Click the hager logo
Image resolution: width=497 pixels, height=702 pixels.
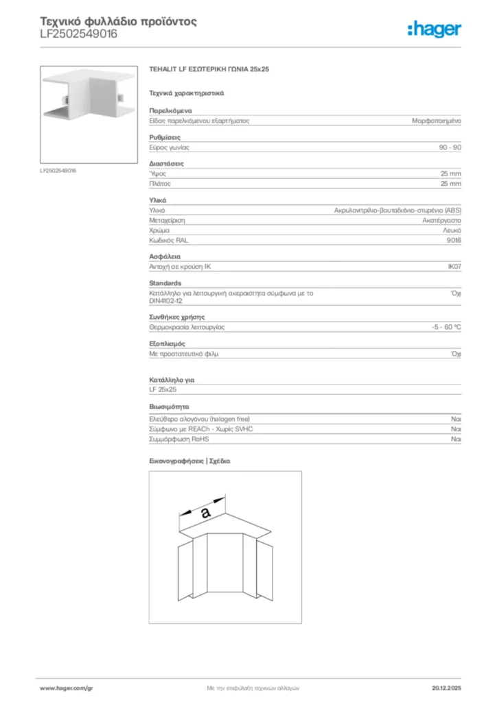pos(434,29)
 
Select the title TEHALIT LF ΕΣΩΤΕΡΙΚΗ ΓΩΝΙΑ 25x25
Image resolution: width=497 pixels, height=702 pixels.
pos(209,70)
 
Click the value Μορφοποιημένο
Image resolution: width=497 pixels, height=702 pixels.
pos(436,120)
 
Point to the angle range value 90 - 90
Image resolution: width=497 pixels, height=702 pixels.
pos(450,147)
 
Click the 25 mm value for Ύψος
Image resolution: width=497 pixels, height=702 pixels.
pos(450,174)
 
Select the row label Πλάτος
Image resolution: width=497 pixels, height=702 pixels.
pos(160,184)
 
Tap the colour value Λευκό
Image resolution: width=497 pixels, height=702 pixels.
pos(452,231)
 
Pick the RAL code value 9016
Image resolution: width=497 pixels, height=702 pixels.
pos(454,241)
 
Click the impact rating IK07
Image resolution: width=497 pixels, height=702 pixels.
pos(454,266)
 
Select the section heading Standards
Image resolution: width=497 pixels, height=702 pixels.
pos(165,283)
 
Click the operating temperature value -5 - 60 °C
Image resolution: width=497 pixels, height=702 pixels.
pos(441,327)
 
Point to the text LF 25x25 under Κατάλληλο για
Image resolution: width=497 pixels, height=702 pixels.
pos(163,389)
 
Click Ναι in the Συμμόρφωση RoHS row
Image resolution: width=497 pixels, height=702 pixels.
pos(456,439)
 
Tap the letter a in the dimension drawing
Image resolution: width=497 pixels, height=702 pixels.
pos(205,511)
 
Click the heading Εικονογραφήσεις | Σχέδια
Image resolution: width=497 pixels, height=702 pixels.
pos(189,461)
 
